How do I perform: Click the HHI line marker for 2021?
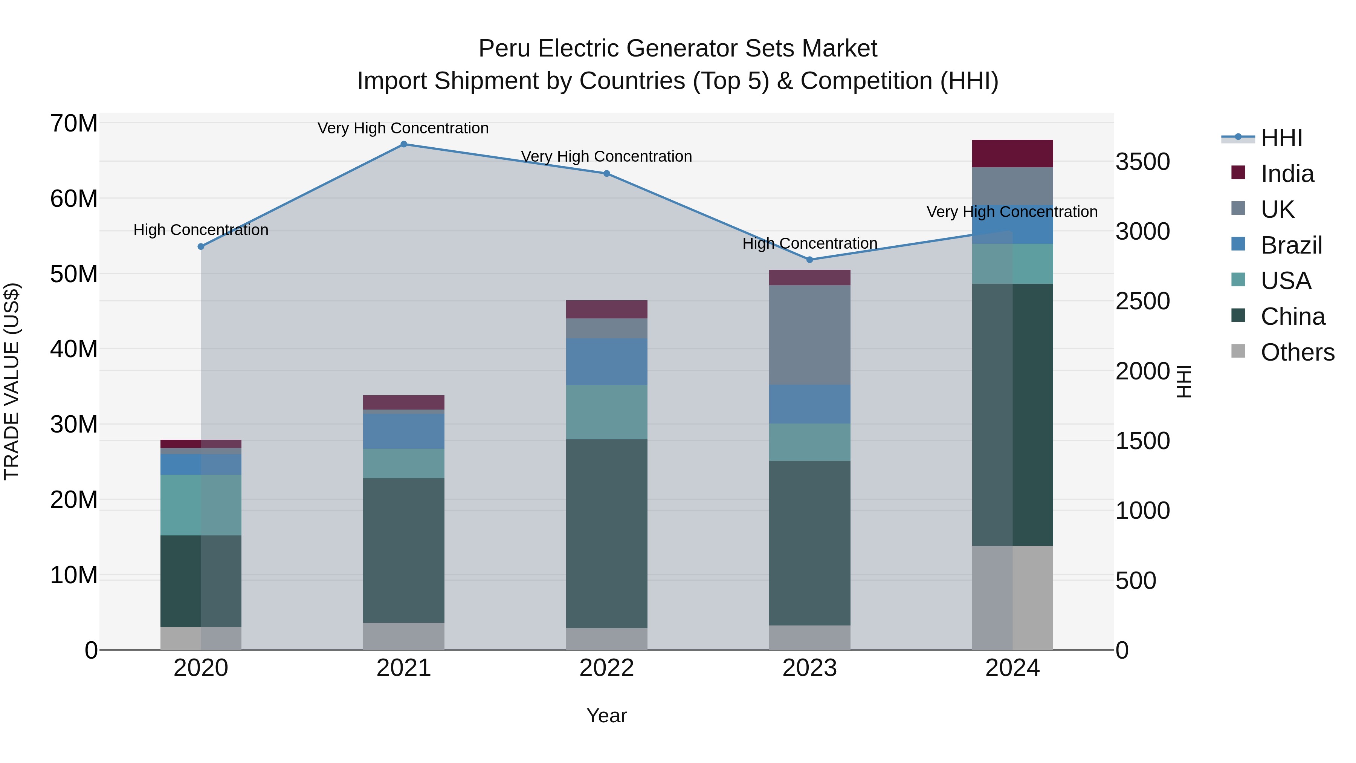tap(404, 144)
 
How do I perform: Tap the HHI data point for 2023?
tap(809, 260)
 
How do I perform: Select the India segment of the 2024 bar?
tap(1012, 154)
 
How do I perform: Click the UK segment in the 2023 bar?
tap(809, 335)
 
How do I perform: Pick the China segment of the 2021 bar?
tap(404, 550)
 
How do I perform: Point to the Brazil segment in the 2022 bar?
tap(606, 362)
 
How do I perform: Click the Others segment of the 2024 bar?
tap(1012, 598)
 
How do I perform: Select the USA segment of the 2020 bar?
tap(200, 505)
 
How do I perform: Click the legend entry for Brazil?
tap(1291, 245)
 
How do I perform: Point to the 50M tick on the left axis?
tap(74, 274)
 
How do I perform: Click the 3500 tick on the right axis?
tap(1143, 162)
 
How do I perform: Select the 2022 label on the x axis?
tap(606, 668)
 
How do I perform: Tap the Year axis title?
tap(606, 716)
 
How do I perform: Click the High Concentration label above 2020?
tap(200, 230)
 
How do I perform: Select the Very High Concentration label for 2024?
tap(1012, 212)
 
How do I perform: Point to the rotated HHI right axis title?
tap(1184, 381)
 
